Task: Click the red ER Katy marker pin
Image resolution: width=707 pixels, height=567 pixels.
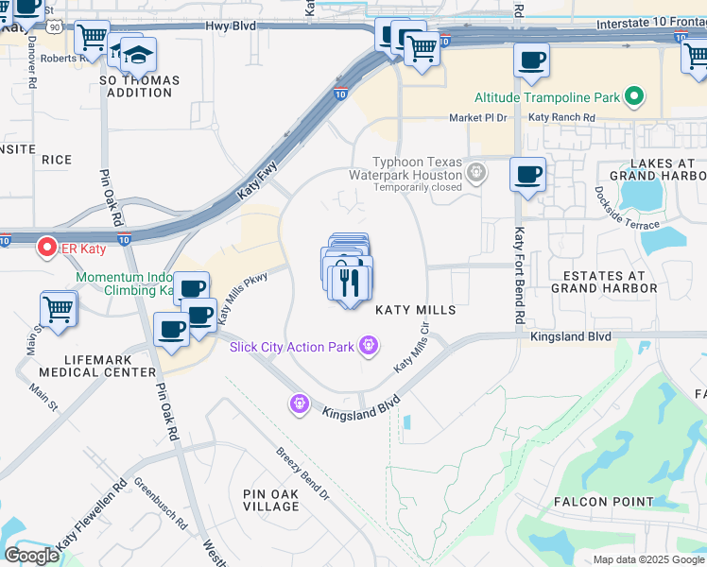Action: click(45, 249)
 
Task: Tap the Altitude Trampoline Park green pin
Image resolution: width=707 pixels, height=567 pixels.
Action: click(634, 96)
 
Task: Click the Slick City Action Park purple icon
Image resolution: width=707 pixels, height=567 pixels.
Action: click(369, 347)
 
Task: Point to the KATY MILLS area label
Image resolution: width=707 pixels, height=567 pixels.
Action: click(416, 310)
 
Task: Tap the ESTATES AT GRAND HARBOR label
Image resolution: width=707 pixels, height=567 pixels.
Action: click(603, 282)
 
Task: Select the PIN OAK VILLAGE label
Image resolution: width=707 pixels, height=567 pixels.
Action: click(271, 500)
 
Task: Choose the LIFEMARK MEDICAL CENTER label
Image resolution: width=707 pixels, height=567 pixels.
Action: click(96, 366)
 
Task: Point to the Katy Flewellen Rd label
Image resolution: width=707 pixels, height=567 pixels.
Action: click(92, 518)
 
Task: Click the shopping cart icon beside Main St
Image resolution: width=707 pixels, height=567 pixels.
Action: click(59, 308)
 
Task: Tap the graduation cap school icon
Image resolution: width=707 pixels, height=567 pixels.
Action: click(138, 54)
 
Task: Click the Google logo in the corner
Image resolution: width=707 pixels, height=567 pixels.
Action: click(31, 556)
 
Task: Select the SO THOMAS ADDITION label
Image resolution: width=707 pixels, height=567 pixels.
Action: click(140, 87)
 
